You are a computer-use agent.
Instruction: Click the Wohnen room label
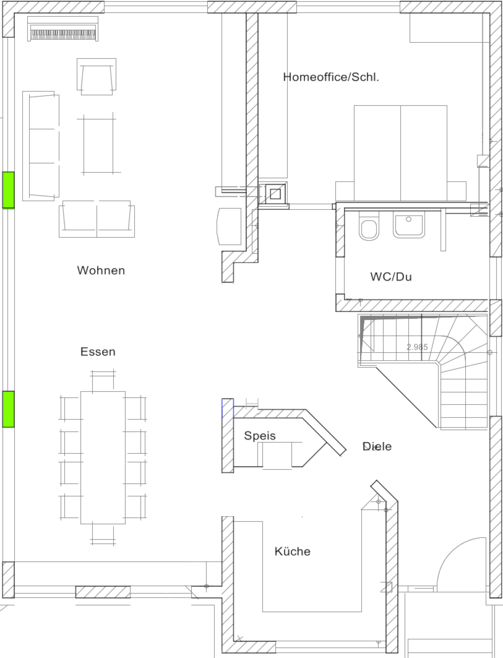coord(101,271)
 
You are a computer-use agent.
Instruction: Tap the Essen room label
coord(98,352)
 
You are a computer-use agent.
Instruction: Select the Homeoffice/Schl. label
coord(331,77)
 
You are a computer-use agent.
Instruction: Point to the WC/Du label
coord(391,277)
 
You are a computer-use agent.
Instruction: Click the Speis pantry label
coord(260,436)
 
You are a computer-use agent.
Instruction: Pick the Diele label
coord(377,446)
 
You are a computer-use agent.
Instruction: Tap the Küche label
coord(293,551)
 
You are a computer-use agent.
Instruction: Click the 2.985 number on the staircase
coord(417,347)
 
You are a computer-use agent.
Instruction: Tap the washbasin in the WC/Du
coord(408,225)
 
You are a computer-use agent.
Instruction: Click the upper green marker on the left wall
coord(9,189)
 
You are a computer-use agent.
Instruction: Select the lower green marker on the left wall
coord(9,409)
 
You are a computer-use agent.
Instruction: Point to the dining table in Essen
coord(103,457)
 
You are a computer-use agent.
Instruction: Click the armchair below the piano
coord(97,77)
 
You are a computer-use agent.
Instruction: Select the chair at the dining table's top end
coord(103,379)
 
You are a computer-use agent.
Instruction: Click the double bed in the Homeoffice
coord(401,153)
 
